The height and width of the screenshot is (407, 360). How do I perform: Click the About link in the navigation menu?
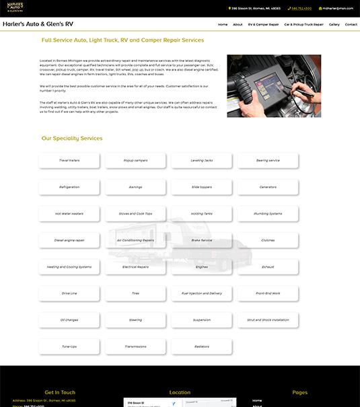tap(238, 24)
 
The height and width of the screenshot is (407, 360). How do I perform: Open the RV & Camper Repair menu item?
tap(263, 24)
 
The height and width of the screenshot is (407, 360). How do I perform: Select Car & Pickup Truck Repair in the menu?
tap(303, 24)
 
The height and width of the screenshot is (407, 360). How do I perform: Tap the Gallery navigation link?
tap(334, 24)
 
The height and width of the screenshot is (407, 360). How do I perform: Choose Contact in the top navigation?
tap(351, 24)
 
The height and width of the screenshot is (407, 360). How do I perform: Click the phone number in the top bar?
tap(301, 9)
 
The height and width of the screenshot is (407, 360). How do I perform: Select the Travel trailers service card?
tap(69, 160)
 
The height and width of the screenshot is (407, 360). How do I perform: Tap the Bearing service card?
tap(268, 160)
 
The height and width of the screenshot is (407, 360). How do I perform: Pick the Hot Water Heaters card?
tap(69, 213)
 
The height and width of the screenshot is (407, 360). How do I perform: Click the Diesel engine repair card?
tap(69, 240)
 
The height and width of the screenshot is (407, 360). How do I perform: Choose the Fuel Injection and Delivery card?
tap(202, 293)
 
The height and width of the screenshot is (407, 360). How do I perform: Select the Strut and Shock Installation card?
tap(268, 320)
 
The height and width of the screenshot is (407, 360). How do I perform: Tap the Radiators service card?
tap(202, 346)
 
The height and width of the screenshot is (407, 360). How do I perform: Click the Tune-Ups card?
tap(69, 346)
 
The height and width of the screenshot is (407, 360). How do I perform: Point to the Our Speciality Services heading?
tap(72, 138)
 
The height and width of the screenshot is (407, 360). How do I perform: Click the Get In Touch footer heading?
tap(60, 392)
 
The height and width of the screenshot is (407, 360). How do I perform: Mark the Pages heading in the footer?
tap(300, 392)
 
